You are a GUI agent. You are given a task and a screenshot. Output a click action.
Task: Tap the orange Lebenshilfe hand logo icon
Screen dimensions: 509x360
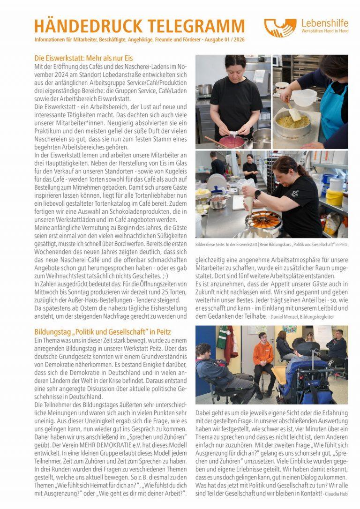[x=279, y=27]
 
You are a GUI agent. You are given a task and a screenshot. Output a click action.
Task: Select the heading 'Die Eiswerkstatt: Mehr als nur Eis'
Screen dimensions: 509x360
[x=84, y=59]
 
